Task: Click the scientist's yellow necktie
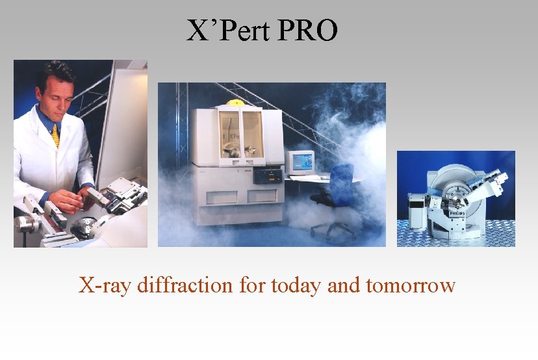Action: (x=55, y=135)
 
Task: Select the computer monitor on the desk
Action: (x=301, y=161)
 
